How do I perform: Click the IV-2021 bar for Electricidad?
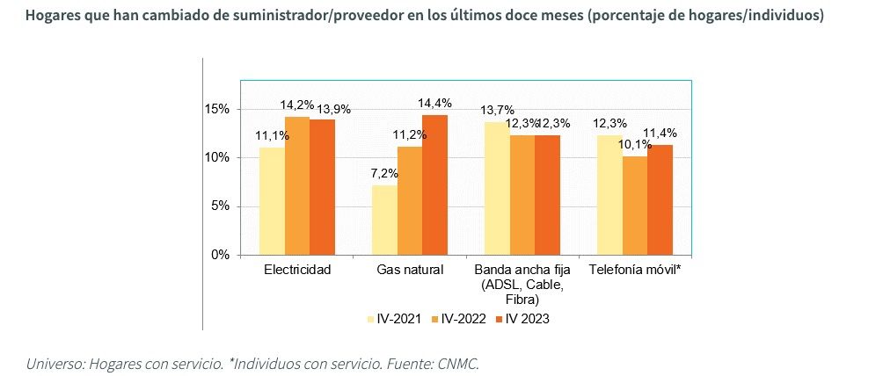tap(272, 201)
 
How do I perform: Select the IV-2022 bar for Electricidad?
tap(297, 186)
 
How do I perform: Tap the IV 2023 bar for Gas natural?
tap(434, 185)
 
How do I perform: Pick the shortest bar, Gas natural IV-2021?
tap(384, 221)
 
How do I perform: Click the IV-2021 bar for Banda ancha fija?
tap(497, 189)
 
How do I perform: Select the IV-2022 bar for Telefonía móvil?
tap(635, 206)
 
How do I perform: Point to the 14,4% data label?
tap(434, 104)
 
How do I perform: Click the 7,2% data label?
tap(383, 173)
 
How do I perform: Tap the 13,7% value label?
tap(497, 110)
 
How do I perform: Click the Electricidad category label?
tap(297, 270)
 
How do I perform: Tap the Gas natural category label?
tap(410, 270)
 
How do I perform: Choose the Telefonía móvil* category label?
tap(635, 270)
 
